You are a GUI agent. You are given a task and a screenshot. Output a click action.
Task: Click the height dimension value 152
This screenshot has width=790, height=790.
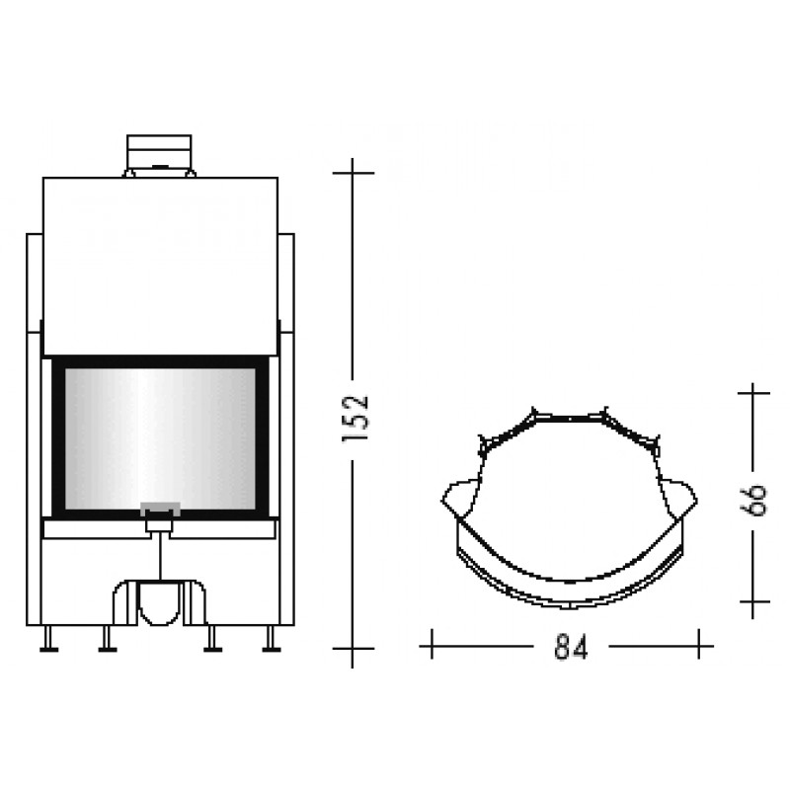click(355, 418)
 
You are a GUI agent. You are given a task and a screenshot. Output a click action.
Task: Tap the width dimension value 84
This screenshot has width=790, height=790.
click(571, 647)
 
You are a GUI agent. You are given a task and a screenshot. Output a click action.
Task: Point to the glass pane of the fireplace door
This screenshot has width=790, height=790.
click(160, 438)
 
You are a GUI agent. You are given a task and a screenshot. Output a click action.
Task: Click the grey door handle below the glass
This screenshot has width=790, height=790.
click(160, 509)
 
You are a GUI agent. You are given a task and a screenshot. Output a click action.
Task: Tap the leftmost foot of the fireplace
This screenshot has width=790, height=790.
click(48, 639)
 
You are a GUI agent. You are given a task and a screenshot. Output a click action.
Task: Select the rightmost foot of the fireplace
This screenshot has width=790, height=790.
click(272, 639)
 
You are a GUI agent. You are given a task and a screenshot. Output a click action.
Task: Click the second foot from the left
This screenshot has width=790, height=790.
click(108, 639)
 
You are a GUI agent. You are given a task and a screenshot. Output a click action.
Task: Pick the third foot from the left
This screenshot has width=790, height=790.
click(212, 639)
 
